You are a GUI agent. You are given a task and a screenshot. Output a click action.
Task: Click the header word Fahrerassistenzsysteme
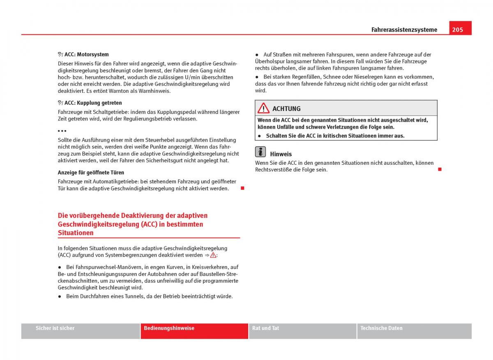404,30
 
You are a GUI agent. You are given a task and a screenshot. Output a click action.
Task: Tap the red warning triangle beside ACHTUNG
263,108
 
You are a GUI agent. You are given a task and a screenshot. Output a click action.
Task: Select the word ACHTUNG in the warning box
286,109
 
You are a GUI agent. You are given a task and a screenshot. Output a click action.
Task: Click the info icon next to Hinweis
260,152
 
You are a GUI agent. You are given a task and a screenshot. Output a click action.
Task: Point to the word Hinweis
281,154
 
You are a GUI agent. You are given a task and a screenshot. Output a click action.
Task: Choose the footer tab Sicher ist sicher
55,328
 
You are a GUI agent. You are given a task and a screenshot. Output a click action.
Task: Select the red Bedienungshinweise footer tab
169,328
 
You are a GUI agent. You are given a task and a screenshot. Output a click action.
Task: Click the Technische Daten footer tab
381,328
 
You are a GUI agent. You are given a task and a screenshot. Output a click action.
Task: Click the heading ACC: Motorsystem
86,54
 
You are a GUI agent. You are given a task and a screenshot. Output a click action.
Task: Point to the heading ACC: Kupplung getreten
93,103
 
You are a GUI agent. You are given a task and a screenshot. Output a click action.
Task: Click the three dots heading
62,131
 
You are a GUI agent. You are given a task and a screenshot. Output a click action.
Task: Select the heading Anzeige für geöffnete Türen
91,173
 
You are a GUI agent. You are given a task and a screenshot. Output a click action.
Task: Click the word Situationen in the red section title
76,233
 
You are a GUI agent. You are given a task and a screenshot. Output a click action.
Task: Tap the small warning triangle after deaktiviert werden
213,255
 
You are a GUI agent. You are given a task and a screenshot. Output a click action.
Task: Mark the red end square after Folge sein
439,169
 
